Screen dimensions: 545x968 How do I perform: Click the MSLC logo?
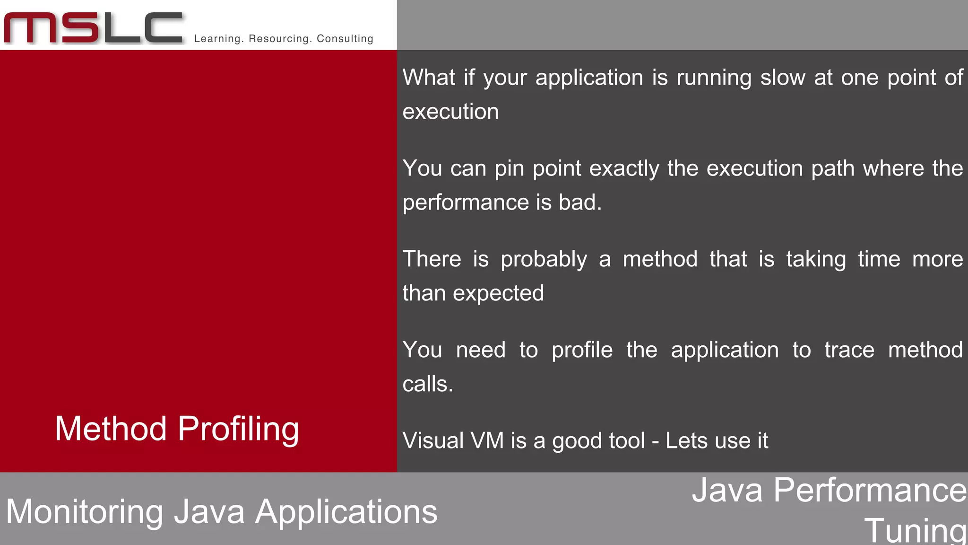[x=93, y=28]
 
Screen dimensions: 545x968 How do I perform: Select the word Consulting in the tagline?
[x=345, y=39]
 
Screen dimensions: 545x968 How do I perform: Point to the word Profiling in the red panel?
[x=238, y=429]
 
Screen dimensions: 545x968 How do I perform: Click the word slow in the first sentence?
[x=782, y=78]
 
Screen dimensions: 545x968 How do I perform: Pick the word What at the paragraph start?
[x=429, y=78]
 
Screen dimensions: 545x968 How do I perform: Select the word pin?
[x=509, y=169]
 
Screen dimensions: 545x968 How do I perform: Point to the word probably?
[x=544, y=260]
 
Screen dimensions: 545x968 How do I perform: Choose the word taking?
[x=816, y=260]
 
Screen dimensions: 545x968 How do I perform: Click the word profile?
[x=582, y=350]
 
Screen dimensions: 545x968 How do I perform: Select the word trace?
[x=849, y=350]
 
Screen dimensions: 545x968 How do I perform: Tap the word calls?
[x=427, y=384]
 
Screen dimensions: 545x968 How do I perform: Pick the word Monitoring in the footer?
[x=85, y=512]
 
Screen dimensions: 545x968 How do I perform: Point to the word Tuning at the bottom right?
[x=915, y=531]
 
